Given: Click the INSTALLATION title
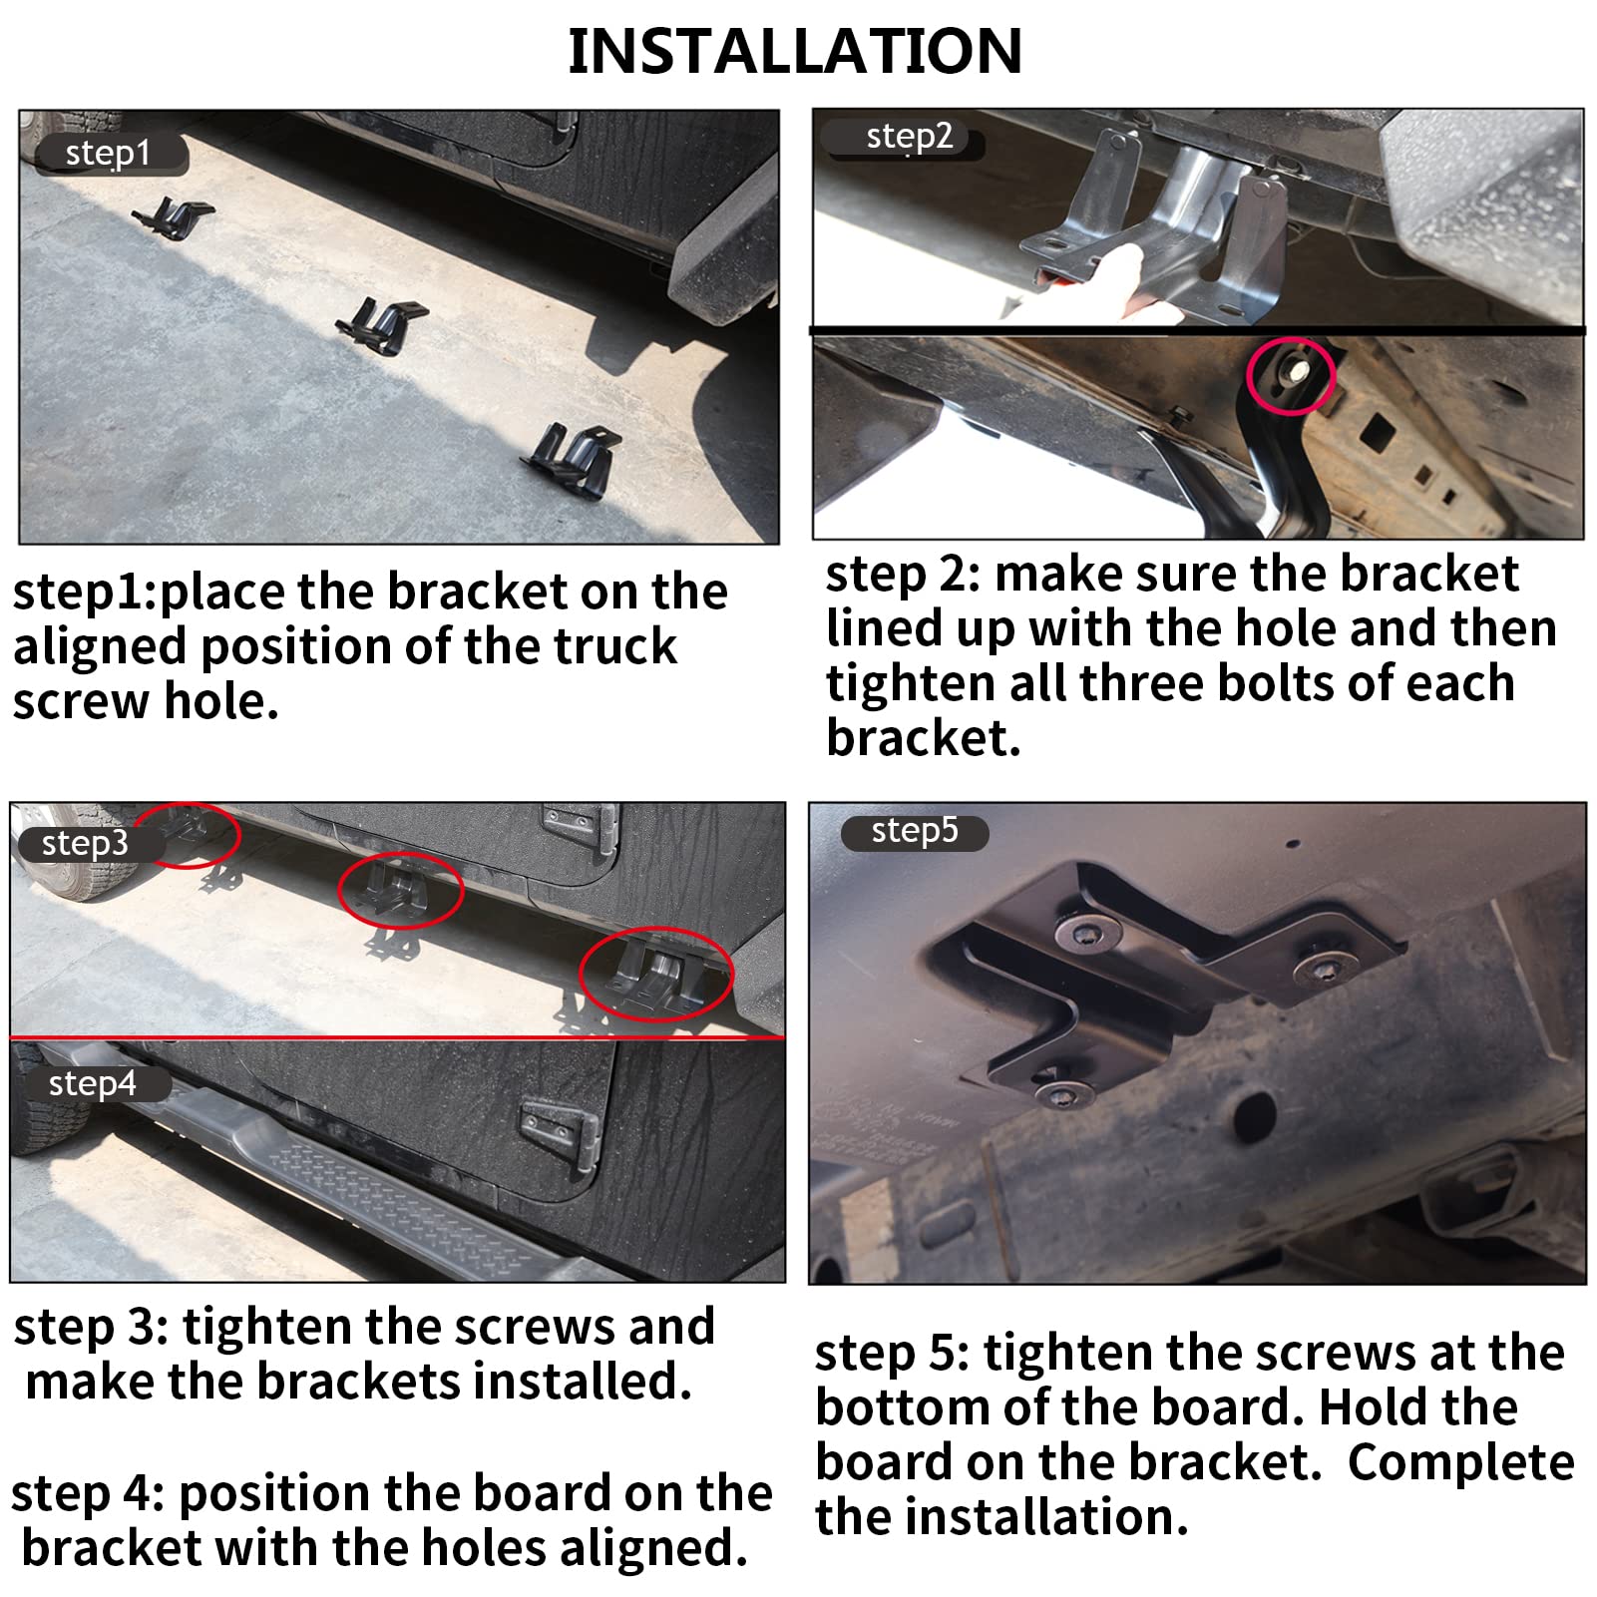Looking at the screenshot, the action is click(795, 51).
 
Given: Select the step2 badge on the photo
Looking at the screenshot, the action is click(907, 137).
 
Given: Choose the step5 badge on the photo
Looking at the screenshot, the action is click(915, 832).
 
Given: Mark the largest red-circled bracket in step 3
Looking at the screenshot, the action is click(656, 977).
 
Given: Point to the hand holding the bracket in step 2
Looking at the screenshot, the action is click(1127, 284).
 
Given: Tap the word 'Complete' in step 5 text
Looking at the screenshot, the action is click(1460, 1464).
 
